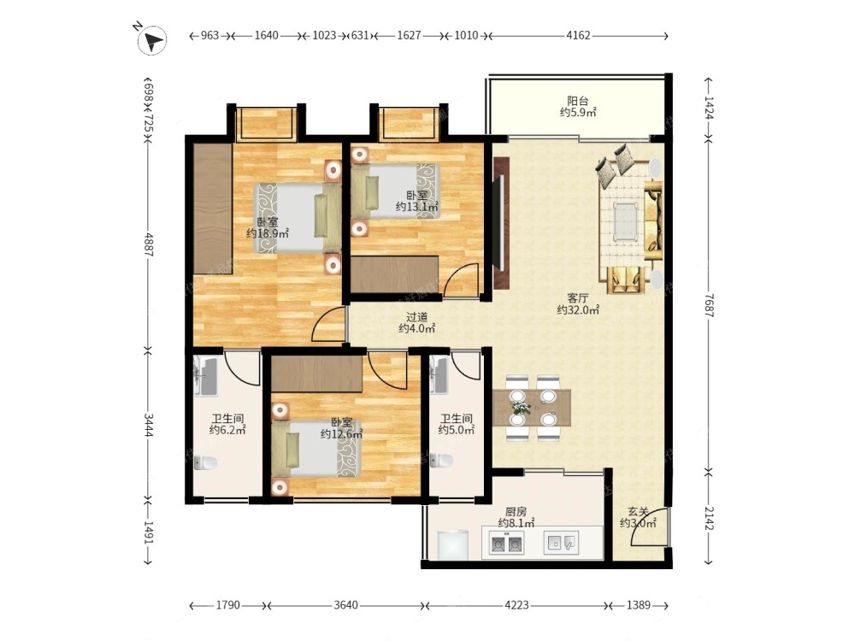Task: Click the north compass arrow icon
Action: tap(152, 41)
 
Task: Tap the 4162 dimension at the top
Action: tap(578, 35)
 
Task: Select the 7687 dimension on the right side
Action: tap(708, 305)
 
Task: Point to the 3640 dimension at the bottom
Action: tap(345, 605)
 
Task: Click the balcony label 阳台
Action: tap(577, 101)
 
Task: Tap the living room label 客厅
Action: tap(577, 298)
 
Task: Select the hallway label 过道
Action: tap(416, 317)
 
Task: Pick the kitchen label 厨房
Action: tap(516, 512)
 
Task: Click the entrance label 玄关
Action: tap(638, 512)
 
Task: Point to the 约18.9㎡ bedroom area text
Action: tap(267, 234)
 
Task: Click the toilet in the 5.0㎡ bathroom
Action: tap(441, 461)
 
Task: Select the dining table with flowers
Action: tap(532, 407)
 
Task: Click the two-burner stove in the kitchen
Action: tap(506, 544)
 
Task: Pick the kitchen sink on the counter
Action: tap(561, 543)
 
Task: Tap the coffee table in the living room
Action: tap(626, 222)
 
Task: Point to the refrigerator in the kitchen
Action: tap(453, 544)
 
